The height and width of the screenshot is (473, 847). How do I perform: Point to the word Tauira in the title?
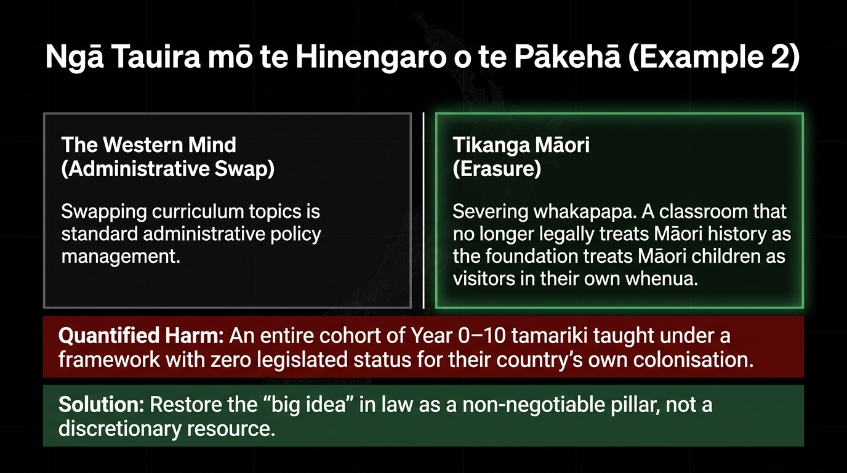point(156,57)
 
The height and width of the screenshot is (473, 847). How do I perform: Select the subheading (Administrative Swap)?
point(168,169)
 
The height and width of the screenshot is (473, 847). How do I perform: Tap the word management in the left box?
point(121,257)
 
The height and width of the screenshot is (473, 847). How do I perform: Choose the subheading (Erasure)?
point(497,169)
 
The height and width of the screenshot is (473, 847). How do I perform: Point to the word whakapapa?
point(584,212)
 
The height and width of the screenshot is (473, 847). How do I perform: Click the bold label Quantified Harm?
point(141,336)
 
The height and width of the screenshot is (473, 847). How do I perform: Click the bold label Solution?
point(102,405)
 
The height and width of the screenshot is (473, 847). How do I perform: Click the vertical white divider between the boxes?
point(423,211)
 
